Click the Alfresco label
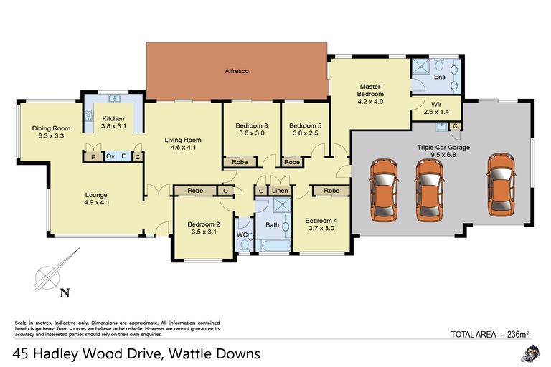[237, 72]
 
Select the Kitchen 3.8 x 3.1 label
[113, 123]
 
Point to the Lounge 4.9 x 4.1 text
[96, 198]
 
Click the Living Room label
[183, 144]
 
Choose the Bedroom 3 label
[251, 130]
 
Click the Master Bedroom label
[371, 94]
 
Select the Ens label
[440, 77]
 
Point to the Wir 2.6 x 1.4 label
[436, 108]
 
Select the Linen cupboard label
[280, 191]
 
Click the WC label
[242, 234]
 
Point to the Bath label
[272, 225]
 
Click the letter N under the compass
[65, 292]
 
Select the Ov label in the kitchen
[110, 156]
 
